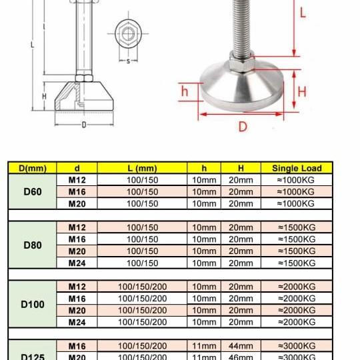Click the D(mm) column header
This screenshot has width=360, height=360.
click(33, 168)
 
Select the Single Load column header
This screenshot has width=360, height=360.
click(297, 168)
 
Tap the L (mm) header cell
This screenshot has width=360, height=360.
click(142, 168)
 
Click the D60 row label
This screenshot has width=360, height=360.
click(33, 192)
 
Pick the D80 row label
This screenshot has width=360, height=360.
click(33, 245)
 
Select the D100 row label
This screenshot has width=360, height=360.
click(33, 304)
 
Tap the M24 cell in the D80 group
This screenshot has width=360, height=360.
click(77, 263)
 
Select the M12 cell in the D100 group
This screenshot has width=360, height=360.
click(77, 287)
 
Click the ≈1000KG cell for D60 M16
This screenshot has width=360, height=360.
click(297, 192)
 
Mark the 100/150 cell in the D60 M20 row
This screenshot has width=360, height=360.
click(142, 203)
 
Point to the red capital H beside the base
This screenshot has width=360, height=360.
click(301, 91)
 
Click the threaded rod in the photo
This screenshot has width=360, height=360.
click(243, 27)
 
